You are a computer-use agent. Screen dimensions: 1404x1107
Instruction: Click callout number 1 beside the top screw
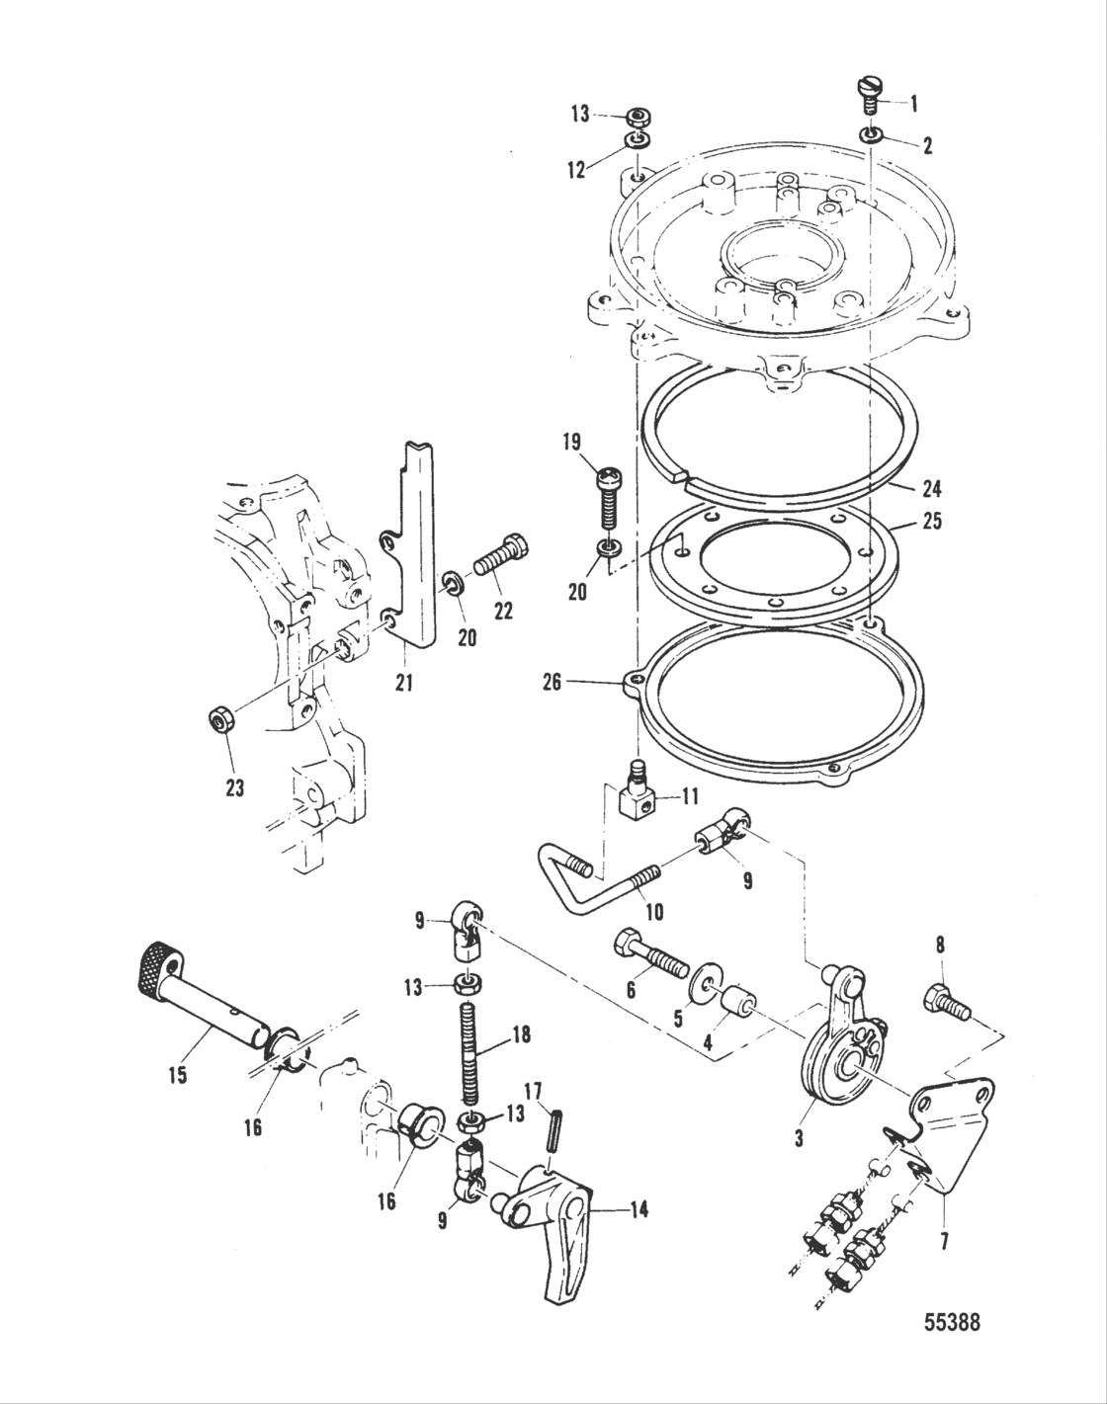tap(913, 102)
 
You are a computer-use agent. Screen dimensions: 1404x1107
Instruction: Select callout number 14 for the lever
tap(639, 1207)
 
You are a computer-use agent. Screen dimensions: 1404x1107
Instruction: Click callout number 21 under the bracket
tap(405, 681)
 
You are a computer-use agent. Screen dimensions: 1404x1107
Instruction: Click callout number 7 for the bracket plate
tap(945, 1241)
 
